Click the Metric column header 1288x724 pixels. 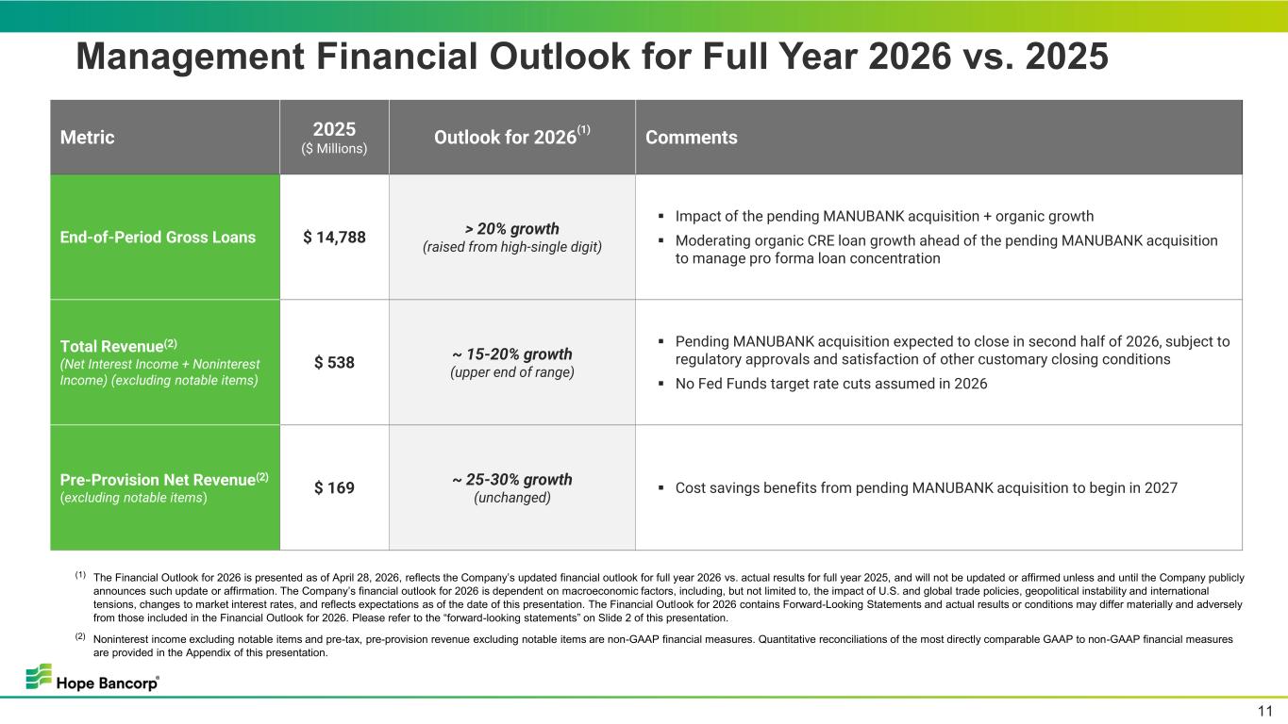[x=87, y=138]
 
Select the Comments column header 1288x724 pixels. [x=691, y=138]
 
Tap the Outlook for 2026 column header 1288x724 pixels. [x=511, y=136]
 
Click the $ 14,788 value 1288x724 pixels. [x=334, y=238]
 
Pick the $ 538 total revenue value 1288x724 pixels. [x=334, y=363]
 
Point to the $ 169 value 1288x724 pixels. [x=334, y=487]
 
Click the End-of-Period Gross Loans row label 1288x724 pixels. [x=158, y=238]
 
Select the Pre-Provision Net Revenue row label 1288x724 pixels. [x=164, y=479]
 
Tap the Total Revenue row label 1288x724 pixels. [x=119, y=346]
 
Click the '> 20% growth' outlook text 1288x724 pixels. [x=511, y=229]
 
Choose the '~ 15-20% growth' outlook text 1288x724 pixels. [x=511, y=354]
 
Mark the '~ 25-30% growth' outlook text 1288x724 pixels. [x=511, y=479]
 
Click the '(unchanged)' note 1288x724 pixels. [x=511, y=498]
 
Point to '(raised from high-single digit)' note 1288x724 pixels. [x=511, y=247]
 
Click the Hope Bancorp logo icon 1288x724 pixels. [x=39, y=676]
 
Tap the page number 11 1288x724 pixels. [x=1265, y=712]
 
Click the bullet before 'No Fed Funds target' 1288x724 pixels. [x=661, y=384]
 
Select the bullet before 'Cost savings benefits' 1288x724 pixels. [x=661, y=487]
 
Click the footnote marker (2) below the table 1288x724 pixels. [x=80, y=636]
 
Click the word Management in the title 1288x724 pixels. [x=191, y=57]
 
